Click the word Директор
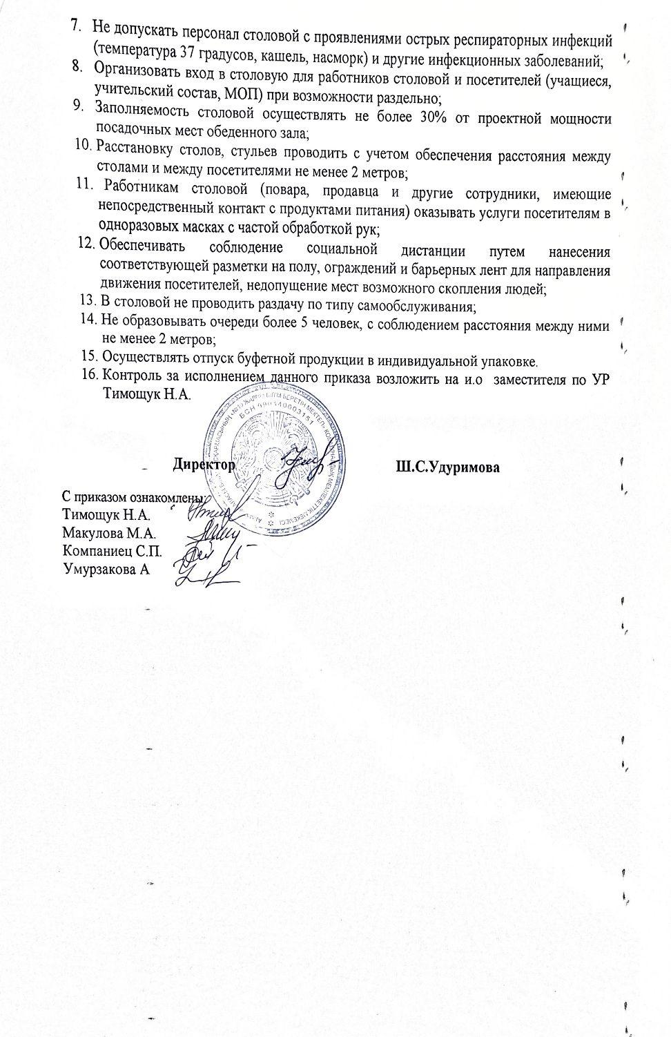pyautogui.click(x=205, y=465)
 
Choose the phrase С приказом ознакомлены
pyautogui.click(x=131, y=497)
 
